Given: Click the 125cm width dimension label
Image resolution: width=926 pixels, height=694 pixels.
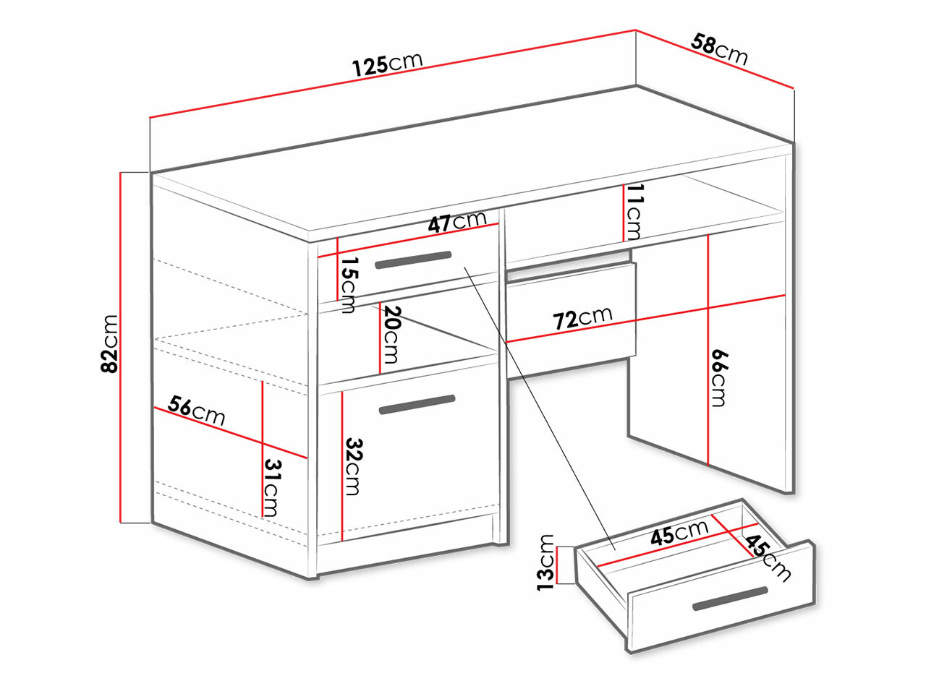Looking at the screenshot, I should tap(387, 64).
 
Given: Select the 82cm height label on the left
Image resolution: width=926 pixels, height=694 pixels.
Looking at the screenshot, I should tap(109, 343).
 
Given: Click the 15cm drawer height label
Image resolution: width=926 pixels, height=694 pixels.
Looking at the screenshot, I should tap(349, 285).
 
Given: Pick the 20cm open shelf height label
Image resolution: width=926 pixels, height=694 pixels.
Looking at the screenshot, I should tap(391, 334).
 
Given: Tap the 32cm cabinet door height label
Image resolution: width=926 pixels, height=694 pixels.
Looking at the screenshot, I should tap(352, 466).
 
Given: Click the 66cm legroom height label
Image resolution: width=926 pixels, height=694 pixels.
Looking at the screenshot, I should tap(718, 377).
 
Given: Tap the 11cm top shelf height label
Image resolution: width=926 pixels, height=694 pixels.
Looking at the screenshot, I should tap(634, 211).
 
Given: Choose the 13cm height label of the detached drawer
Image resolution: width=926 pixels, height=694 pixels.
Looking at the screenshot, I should tap(546, 562).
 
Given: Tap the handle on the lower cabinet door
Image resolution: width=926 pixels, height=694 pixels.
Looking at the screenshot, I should tap(417, 405).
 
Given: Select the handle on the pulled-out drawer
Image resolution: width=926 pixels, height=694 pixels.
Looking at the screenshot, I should tap(729, 599).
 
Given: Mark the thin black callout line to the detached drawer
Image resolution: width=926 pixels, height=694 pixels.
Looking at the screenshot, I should tap(539, 405).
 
